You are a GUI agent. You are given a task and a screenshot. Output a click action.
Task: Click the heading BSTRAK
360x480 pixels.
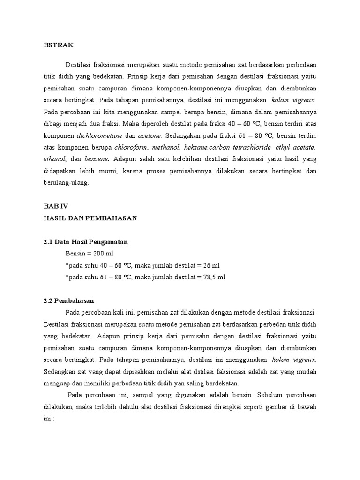point(55,45)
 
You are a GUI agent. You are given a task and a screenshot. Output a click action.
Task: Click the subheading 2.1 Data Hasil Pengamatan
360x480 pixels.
point(85,242)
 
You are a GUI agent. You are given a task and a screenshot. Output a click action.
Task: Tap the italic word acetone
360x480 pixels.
point(149,135)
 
